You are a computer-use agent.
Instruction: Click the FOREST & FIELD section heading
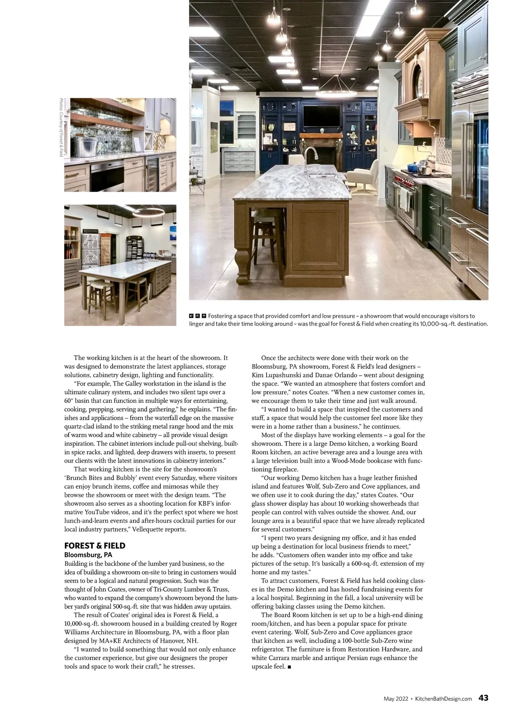point(94,546)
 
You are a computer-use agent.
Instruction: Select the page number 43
point(483,698)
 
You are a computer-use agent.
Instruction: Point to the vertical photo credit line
point(61,127)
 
